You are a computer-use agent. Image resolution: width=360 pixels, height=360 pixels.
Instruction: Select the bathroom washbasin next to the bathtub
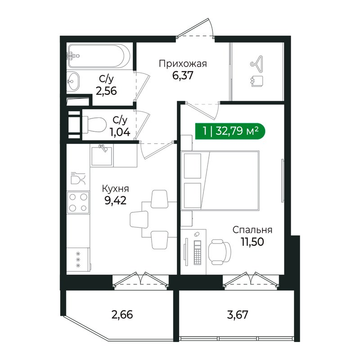click(73, 81)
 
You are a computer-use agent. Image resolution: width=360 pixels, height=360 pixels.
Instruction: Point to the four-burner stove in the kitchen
click(78, 202)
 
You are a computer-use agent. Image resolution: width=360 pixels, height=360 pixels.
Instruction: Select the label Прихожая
click(182, 63)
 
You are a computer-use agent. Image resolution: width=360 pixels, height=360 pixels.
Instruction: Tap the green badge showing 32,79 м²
click(230, 131)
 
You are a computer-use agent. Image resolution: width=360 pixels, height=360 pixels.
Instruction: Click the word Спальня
click(252, 230)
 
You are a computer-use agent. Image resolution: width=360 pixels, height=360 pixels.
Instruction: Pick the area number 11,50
click(252, 242)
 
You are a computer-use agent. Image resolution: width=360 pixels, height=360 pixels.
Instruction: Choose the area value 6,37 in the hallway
click(183, 75)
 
